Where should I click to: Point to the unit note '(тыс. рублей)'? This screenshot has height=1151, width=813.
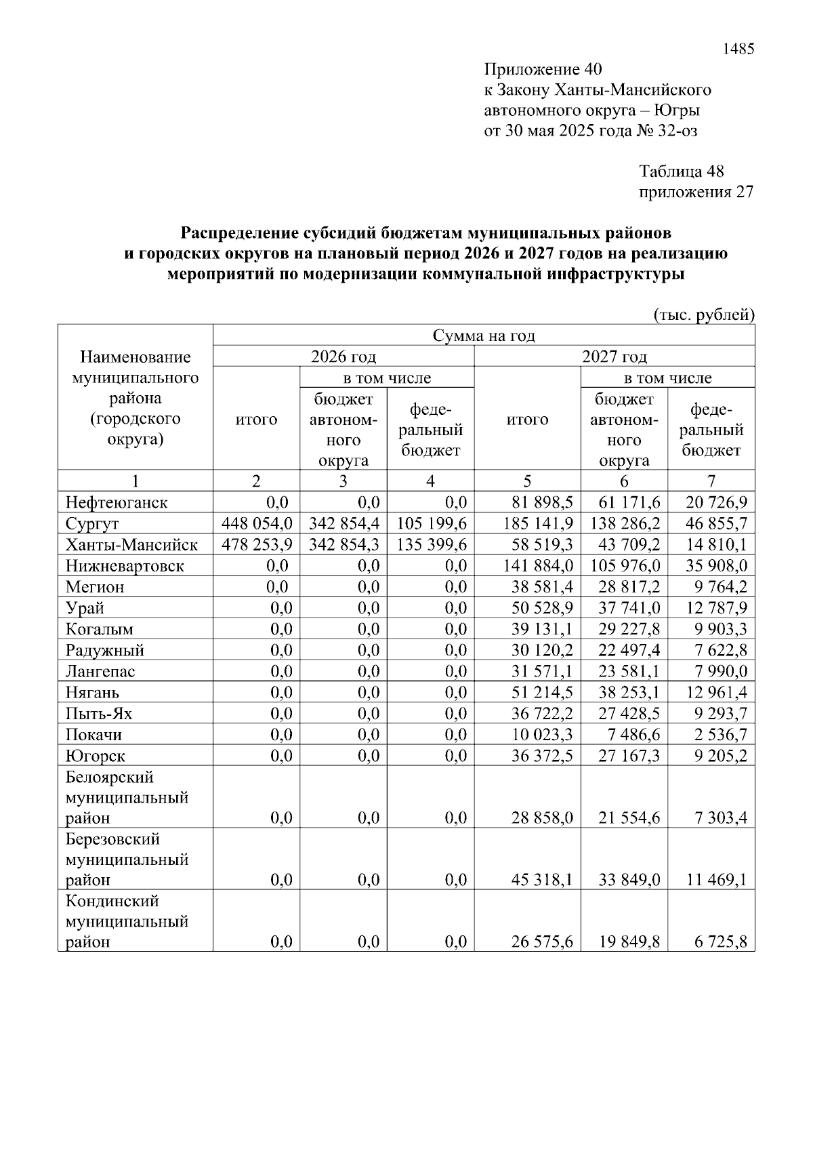point(703,315)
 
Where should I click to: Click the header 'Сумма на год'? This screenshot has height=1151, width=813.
point(484,336)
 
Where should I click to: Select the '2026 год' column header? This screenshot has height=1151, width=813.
point(343,357)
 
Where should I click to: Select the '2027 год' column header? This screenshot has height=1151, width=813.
point(614,357)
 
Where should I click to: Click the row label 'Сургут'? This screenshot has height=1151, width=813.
point(93,524)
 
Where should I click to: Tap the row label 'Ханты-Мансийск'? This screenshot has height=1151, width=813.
point(131,545)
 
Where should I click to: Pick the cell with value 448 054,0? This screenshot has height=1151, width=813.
point(257,524)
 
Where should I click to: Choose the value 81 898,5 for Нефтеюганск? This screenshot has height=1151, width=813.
point(542,502)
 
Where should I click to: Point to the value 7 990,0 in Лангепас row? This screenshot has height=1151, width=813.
point(720,671)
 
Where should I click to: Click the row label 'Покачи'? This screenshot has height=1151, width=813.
point(93,735)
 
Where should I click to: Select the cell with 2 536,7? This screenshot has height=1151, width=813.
point(720,735)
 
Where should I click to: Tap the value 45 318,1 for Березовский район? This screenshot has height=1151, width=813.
point(542,880)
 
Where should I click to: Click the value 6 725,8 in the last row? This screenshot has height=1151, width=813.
point(720,942)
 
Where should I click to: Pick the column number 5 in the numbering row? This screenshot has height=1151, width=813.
point(527,481)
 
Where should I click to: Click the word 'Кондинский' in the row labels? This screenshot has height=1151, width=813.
point(112,901)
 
